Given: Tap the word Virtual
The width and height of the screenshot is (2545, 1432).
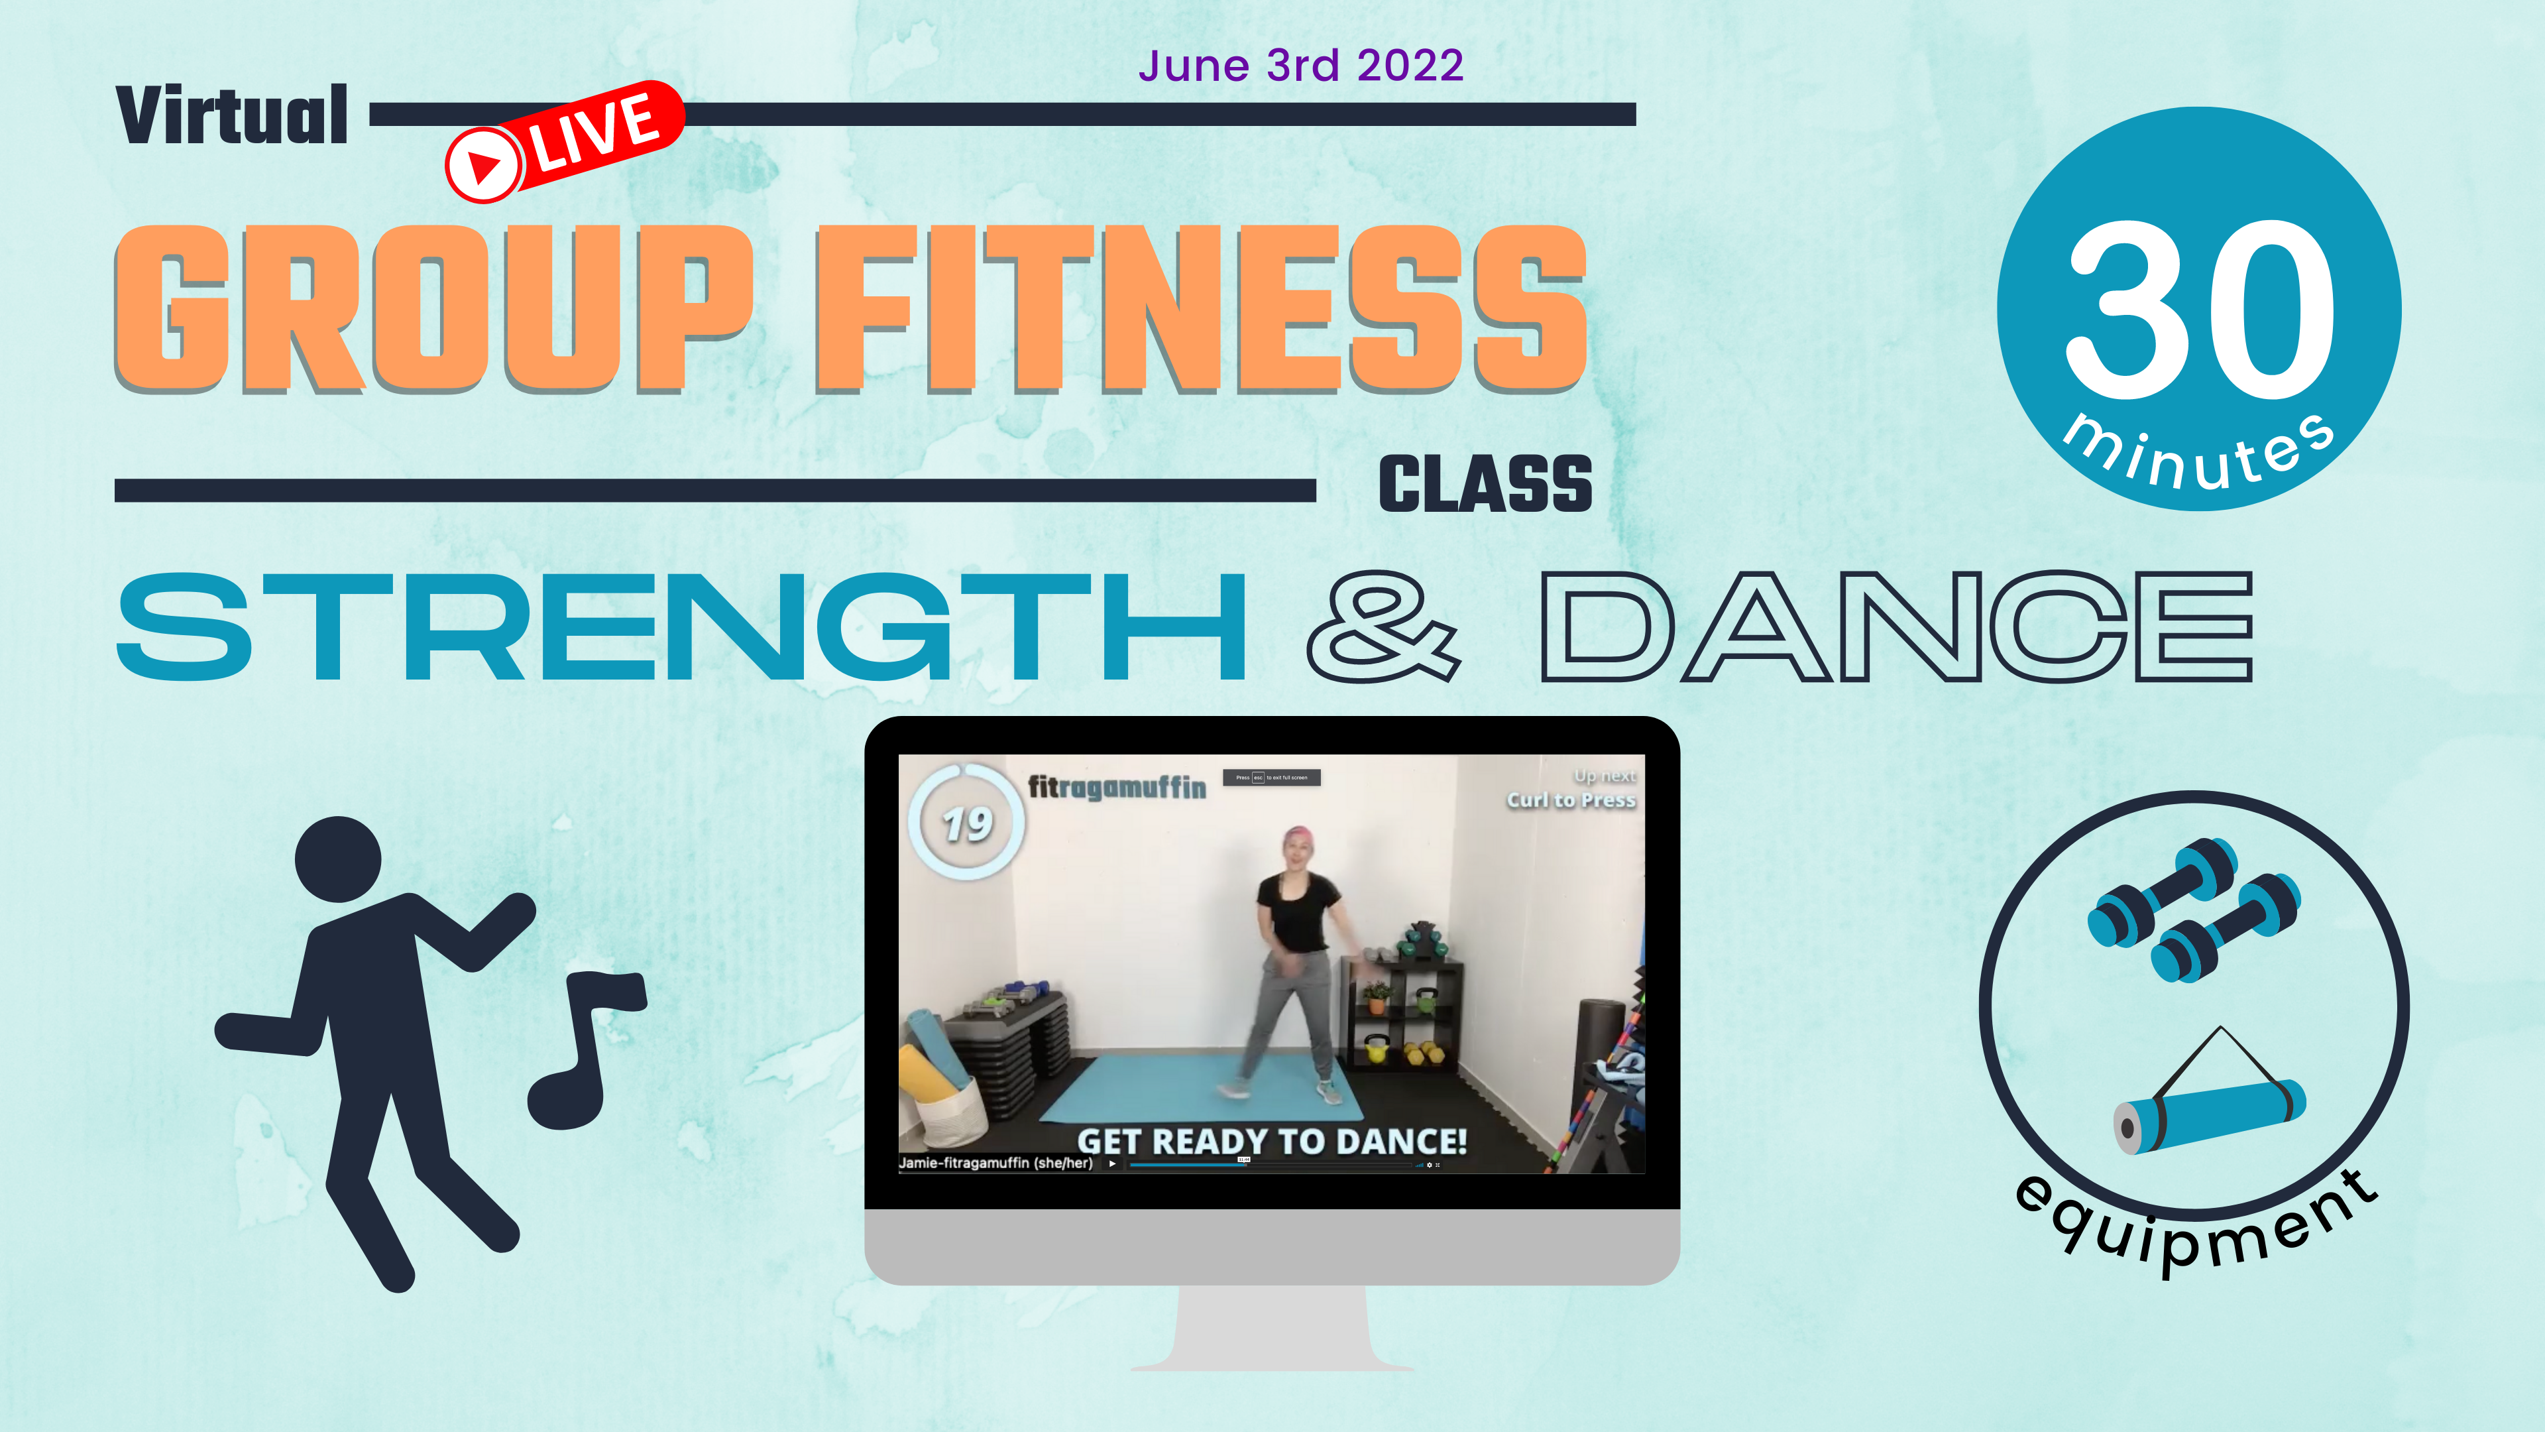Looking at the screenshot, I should pyautogui.click(x=232, y=115).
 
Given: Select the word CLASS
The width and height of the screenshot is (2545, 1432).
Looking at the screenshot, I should pyautogui.click(x=1485, y=484).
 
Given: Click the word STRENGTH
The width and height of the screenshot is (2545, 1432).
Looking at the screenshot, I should pyautogui.click(x=682, y=626).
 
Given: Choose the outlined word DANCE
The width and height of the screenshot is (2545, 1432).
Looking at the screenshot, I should pyautogui.click(x=1896, y=626).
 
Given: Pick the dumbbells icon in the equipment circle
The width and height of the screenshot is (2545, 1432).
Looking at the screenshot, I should pyautogui.click(x=2193, y=909).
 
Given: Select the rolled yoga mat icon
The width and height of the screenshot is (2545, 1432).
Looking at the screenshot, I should pyautogui.click(x=2209, y=1112).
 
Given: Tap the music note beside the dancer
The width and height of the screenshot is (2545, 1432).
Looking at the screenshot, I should pyautogui.click(x=588, y=1047).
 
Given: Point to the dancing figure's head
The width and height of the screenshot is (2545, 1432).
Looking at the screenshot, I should pyautogui.click(x=339, y=859).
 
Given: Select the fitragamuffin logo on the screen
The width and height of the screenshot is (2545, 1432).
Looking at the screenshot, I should pyautogui.click(x=1116, y=787).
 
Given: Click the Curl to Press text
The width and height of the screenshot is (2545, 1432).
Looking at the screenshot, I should pyautogui.click(x=1571, y=800).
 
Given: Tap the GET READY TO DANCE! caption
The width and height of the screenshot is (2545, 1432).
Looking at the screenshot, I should pyautogui.click(x=1272, y=1142).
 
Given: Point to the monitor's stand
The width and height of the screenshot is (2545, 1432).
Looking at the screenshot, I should pyautogui.click(x=1272, y=1329).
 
